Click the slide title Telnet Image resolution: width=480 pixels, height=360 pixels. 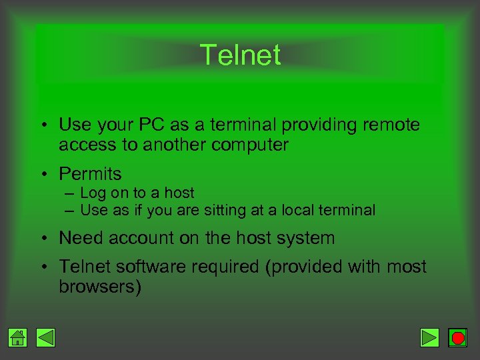(240, 55)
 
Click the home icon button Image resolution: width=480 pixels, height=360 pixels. (19, 338)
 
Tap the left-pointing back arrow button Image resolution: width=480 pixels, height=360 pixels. (45, 338)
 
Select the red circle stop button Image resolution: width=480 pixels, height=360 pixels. (457, 338)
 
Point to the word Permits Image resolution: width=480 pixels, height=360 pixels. (90, 174)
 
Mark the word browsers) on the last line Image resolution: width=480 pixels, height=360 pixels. (100, 287)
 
